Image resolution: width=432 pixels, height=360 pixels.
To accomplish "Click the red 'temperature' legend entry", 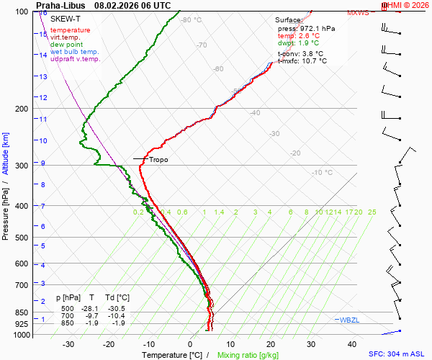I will click(x=71, y=30).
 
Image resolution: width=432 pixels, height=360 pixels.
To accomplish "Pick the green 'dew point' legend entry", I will click(x=67, y=45).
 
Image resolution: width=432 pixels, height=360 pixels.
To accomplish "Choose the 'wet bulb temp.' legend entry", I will click(x=74, y=52).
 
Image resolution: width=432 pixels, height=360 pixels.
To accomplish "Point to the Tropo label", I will click(x=158, y=160).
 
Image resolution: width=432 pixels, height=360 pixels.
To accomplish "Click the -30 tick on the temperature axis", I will click(x=69, y=344).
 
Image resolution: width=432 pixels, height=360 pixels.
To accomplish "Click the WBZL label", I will click(x=348, y=319).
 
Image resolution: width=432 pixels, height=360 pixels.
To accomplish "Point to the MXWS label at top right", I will click(x=357, y=13).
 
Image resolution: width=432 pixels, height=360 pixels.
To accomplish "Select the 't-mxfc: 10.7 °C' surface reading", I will click(x=302, y=61).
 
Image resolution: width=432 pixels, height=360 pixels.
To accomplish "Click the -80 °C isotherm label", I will click(x=191, y=20).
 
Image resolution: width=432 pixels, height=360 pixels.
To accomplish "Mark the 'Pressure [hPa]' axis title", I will click(x=6, y=209).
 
